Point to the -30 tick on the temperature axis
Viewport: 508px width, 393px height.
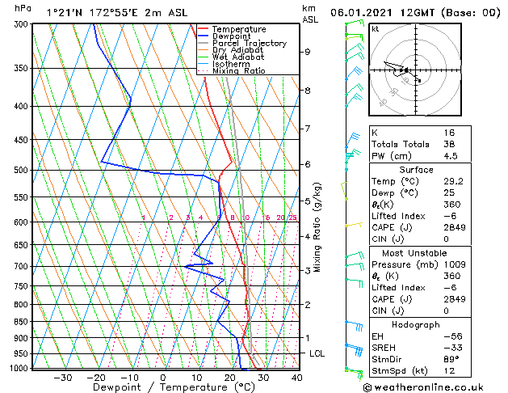(x=62, y=377)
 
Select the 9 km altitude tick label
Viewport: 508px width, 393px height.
(x=308, y=52)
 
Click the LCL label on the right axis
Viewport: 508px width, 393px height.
(x=317, y=353)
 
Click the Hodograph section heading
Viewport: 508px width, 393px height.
(x=415, y=324)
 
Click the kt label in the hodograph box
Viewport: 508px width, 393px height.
(x=375, y=28)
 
